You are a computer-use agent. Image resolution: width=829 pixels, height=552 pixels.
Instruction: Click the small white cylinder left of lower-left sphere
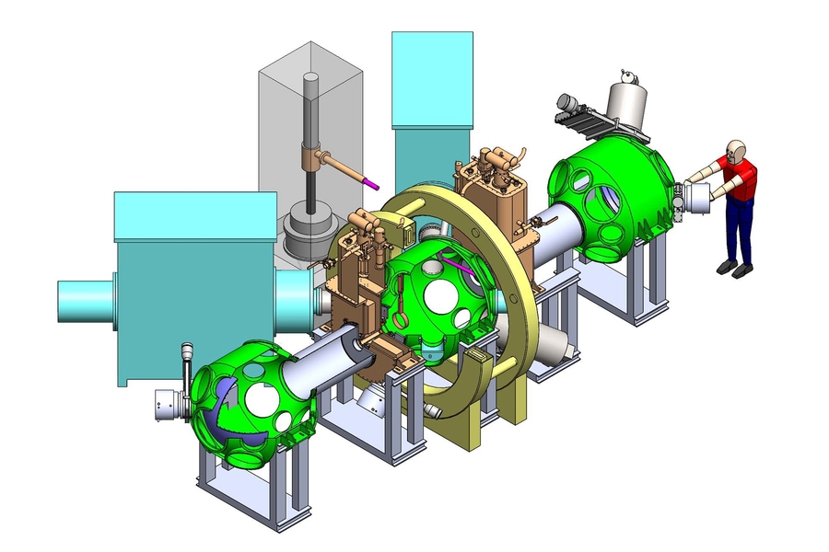tap(167, 405)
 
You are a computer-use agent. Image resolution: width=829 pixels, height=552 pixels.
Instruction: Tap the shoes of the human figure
tap(733, 269)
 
